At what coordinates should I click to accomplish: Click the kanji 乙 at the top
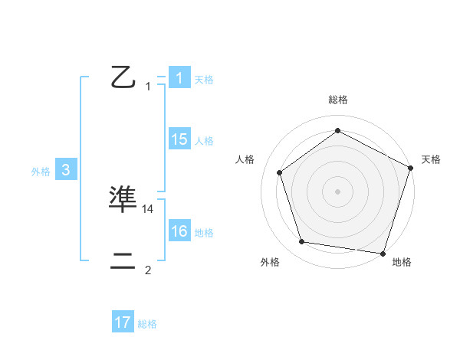pos(123,77)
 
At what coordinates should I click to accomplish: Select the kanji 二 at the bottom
pos(123,261)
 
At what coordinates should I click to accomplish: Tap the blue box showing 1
pos(179,77)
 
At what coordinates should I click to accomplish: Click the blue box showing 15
pos(179,139)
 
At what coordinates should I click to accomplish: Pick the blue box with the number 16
pos(179,231)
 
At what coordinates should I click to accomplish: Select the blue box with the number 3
pos(66,171)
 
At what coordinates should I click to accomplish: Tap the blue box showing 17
pos(122,322)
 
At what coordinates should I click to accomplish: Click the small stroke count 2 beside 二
pos(148,270)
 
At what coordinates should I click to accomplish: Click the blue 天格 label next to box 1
pos(204,79)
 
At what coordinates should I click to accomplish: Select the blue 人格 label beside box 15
pos(204,140)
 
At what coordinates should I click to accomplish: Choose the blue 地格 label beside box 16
pos(204,233)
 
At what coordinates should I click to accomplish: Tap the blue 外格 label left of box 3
pos(41,172)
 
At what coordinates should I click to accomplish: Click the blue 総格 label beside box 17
pos(147,324)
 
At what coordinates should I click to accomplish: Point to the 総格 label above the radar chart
pos(338,100)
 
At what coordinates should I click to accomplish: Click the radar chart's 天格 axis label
pos(432,159)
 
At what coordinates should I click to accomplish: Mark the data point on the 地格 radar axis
pos(383,253)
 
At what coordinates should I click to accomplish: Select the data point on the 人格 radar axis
pos(280,172)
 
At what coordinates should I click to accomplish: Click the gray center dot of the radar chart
pos(338,191)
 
